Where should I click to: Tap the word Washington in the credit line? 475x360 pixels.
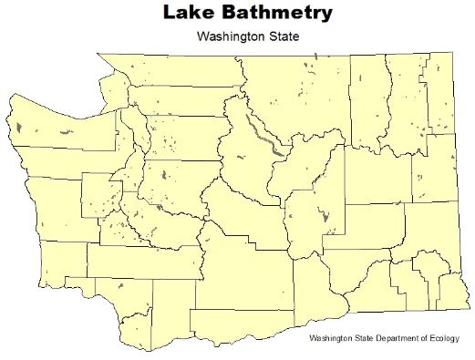[332, 339]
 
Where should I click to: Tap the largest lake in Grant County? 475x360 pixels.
[324, 216]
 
